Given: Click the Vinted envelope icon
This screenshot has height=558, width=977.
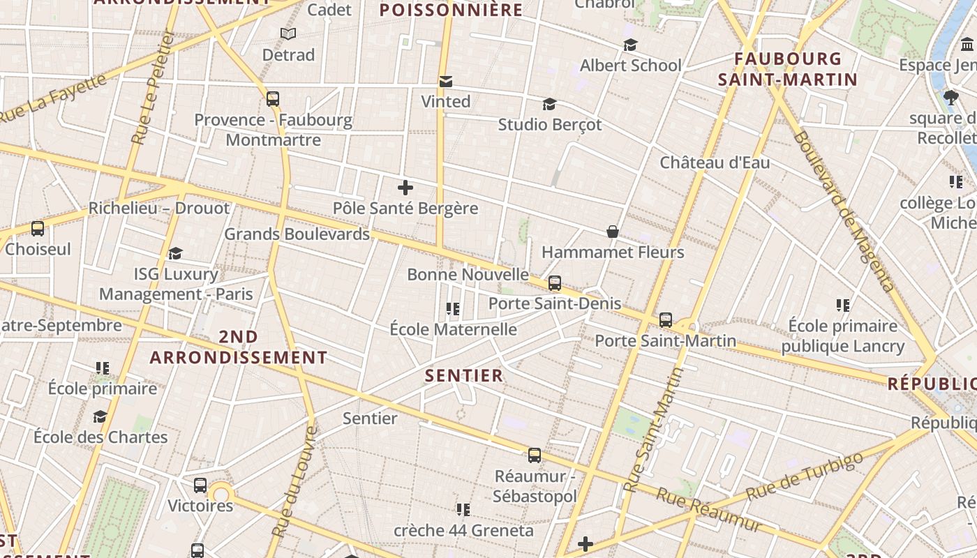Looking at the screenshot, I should tap(445, 82).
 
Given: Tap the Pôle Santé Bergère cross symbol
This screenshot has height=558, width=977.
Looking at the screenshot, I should tap(405, 188).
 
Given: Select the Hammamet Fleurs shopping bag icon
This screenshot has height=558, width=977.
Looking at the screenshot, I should tap(613, 232).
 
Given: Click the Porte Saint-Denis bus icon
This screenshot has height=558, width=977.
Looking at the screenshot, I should tap(555, 283).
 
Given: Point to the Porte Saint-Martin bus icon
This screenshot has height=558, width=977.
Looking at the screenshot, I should tap(666, 320).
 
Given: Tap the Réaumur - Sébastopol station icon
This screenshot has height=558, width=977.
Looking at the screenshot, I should tap(535, 455).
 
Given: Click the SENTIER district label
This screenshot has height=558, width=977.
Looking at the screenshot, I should tap(464, 376).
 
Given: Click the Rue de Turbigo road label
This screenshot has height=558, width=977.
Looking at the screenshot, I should tap(805, 476).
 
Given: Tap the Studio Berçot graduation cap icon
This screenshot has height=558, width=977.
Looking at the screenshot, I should tap(549, 105).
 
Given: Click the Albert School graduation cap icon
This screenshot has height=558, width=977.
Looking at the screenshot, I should tap(630, 45).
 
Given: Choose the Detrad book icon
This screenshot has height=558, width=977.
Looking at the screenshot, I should tap(288, 34).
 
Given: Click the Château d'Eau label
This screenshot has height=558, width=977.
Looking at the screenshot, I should tap(715, 163).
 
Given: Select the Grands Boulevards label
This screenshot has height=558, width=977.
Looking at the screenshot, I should tap(297, 234).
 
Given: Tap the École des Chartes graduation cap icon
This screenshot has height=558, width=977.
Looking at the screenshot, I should tap(100, 417).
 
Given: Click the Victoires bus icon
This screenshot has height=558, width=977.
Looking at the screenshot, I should tap(200, 485).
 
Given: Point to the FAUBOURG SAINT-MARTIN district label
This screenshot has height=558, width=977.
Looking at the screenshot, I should tap(787, 69).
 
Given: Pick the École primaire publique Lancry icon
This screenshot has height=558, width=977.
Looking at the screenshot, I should tap(843, 306).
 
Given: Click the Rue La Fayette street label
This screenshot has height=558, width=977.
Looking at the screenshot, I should tap(54, 98).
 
